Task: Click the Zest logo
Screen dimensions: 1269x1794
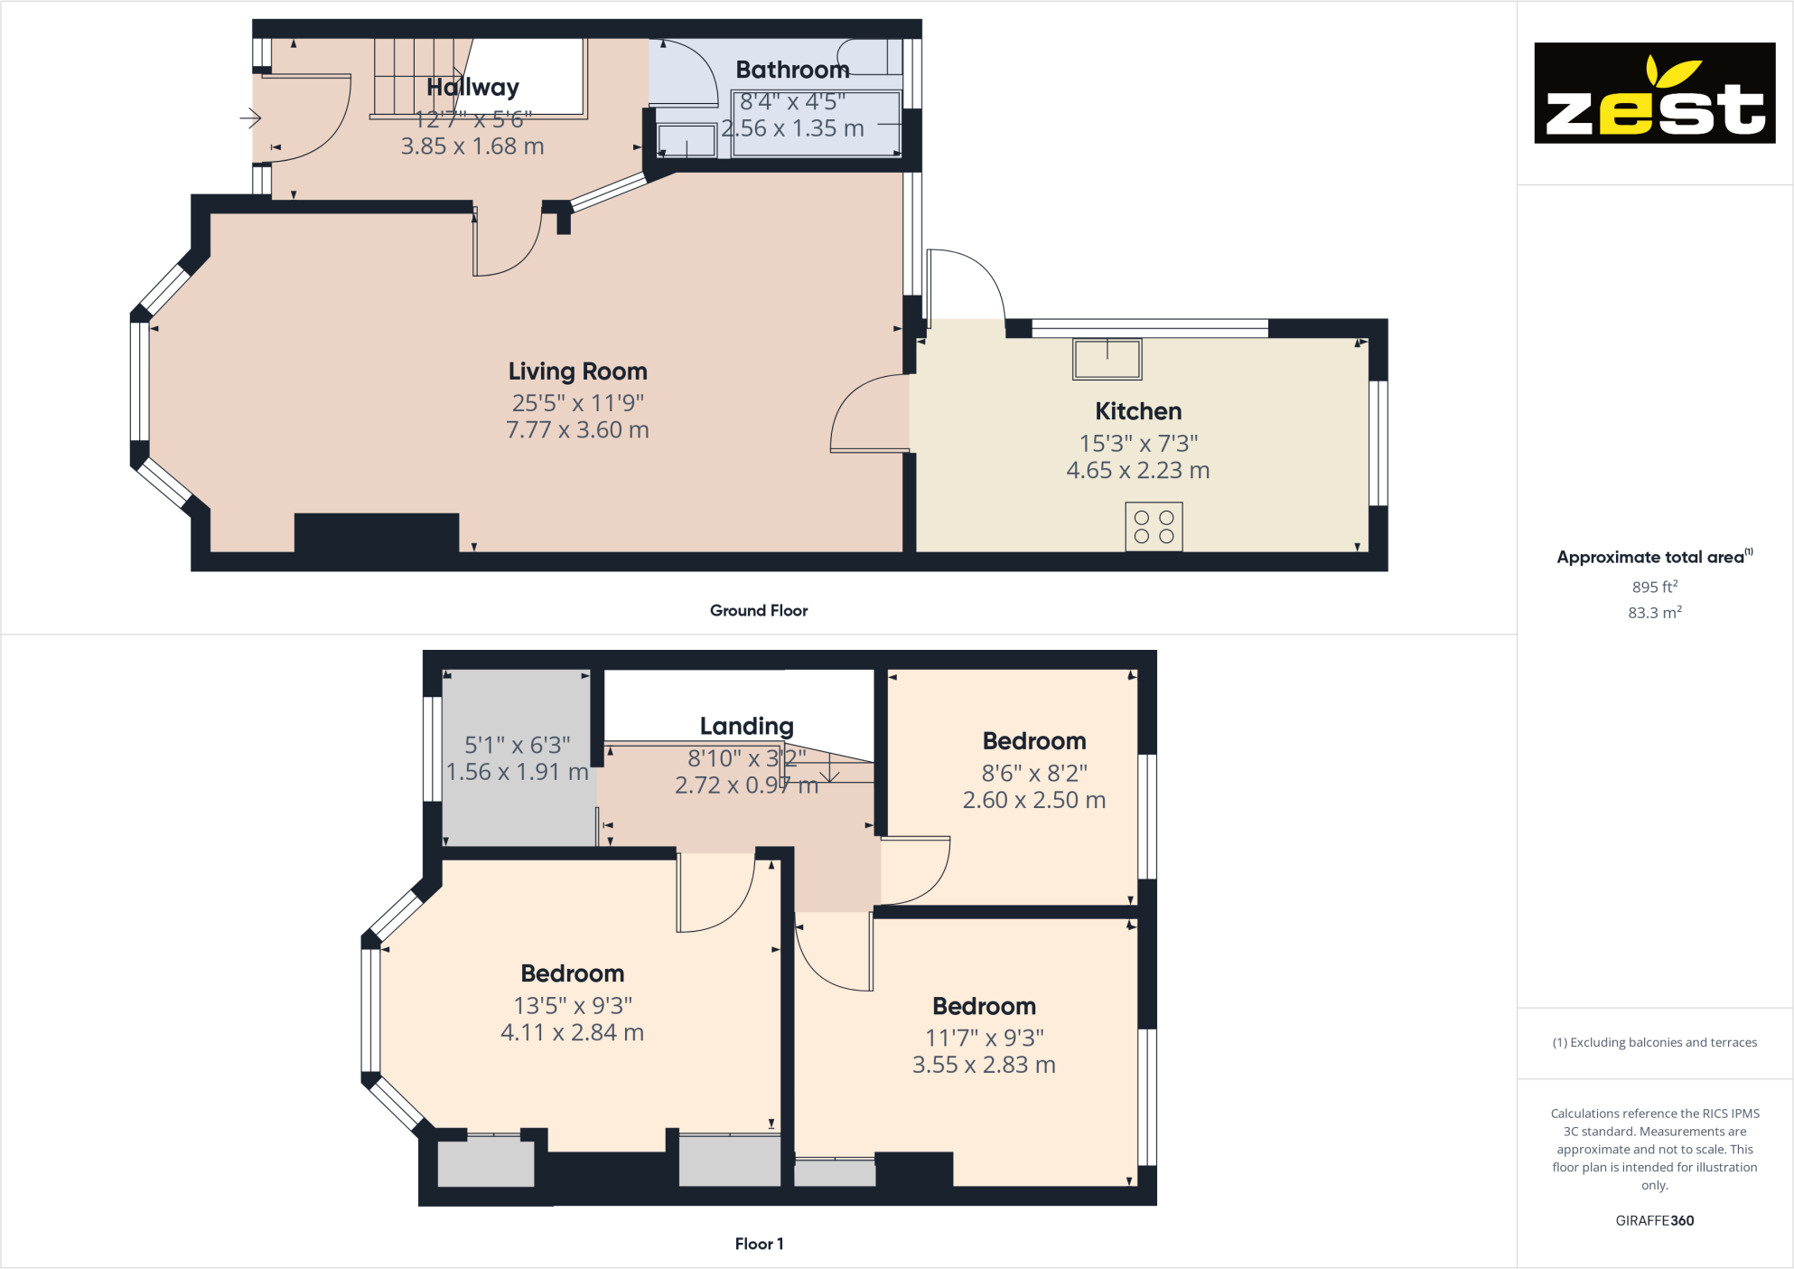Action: (x=1654, y=93)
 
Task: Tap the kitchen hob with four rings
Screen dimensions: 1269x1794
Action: (x=1154, y=527)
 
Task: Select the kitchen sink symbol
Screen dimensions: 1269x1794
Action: (x=1107, y=359)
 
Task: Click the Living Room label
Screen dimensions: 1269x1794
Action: (x=577, y=371)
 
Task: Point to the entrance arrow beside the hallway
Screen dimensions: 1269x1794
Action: (x=250, y=117)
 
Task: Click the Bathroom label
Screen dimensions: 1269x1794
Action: (x=792, y=70)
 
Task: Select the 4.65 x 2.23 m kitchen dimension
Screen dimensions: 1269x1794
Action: (x=1137, y=470)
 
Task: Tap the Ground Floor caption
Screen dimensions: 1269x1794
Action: (x=758, y=610)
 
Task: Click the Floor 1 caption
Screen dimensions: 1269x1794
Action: (x=758, y=1244)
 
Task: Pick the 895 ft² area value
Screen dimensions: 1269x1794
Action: (x=1654, y=587)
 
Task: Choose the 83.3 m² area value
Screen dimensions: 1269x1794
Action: (x=1654, y=613)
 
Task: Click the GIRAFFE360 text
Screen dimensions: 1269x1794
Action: (x=1654, y=1220)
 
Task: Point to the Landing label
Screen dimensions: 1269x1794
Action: (x=746, y=726)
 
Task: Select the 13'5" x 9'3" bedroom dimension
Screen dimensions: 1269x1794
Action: (x=572, y=1005)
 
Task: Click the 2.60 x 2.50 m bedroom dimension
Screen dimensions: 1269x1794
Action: (x=1033, y=800)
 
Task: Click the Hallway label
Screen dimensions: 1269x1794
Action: (x=472, y=87)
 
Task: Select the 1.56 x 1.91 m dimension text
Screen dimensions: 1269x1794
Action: (x=517, y=772)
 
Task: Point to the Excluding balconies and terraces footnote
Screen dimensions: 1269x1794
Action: (x=1654, y=1042)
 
